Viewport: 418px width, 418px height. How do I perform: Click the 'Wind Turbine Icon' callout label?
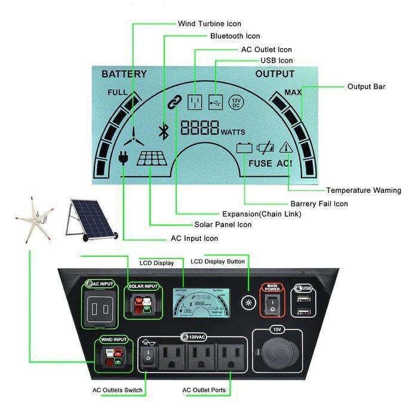(x=209, y=24)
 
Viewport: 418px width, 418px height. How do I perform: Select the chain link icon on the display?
(x=173, y=103)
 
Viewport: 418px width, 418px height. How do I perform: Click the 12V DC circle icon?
(x=236, y=102)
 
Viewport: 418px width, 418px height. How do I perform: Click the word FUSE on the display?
(x=260, y=163)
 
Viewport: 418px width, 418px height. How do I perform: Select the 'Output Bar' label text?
(x=366, y=87)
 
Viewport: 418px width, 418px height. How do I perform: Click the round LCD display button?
(x=247, y=301)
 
